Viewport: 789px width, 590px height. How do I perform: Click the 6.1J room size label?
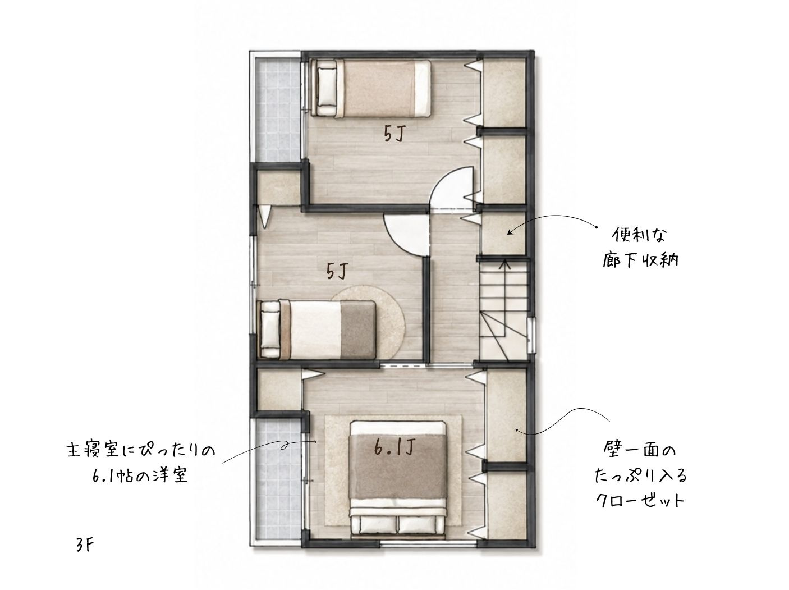(395, 447)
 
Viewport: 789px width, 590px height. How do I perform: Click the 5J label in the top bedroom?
(394, 135)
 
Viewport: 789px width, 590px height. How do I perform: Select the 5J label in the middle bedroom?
(337, 271)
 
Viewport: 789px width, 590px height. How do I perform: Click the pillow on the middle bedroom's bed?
(270, 330)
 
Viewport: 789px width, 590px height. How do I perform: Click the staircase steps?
(504, 310)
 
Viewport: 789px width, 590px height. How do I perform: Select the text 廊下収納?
(640, 260)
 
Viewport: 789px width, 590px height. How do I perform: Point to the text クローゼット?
(640, 501)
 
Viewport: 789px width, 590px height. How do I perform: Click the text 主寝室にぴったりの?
(141, 450)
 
